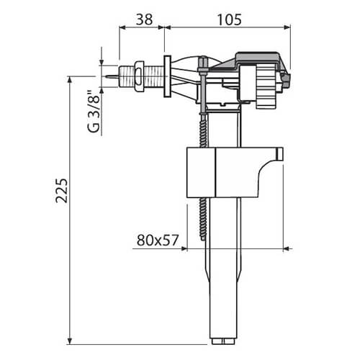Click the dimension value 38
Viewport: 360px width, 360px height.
(144, 20)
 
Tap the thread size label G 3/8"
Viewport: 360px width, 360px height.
(91, 112)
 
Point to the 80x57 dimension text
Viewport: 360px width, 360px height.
(157, 239)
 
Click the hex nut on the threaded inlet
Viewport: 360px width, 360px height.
(132, 76)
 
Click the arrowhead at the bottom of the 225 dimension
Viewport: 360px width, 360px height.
(70, 337)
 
